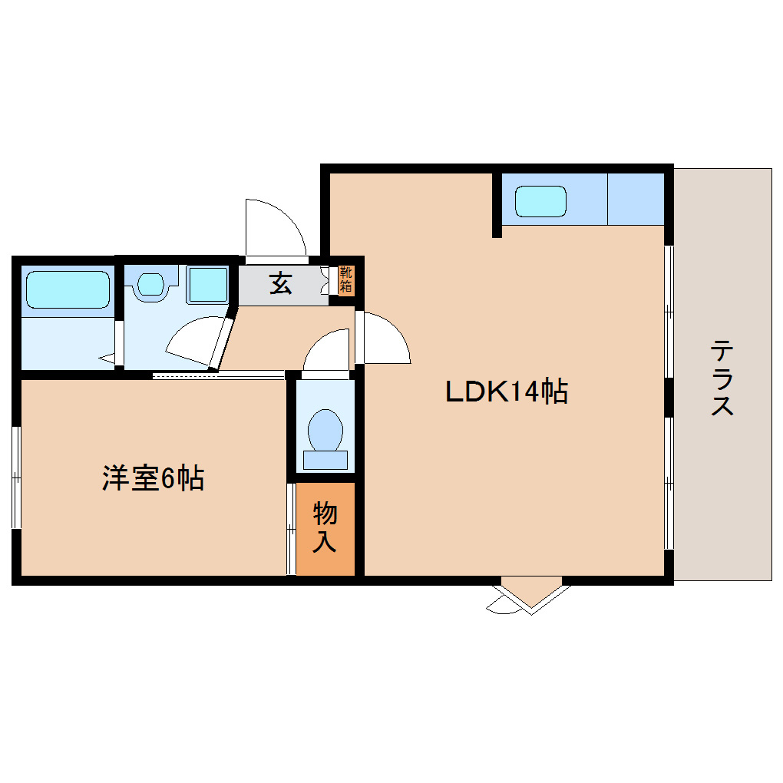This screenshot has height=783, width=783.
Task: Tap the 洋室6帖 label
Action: tap(153, 478)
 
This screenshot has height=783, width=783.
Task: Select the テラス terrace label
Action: tap(722, 377)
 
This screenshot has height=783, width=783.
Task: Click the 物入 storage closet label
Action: tap(325, 527)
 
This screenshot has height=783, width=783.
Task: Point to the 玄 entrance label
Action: tap(281, 283)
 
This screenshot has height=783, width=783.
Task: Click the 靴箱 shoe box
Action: tap(346, 279)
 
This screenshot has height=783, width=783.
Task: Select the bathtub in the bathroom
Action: tap(68, 289)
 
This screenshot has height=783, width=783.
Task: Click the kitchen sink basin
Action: tap(540, 201)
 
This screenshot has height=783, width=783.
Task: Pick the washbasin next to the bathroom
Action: tap(150, 284)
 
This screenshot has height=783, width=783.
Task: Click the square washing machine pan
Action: tap(208, 285)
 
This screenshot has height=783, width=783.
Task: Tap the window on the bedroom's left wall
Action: tap(16, 477)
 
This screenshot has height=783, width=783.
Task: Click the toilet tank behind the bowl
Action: tap(325, 460)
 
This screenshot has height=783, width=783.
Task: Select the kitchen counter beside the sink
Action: tap(635, 200)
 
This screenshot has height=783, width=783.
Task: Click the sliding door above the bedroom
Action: tap(218, 374)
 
